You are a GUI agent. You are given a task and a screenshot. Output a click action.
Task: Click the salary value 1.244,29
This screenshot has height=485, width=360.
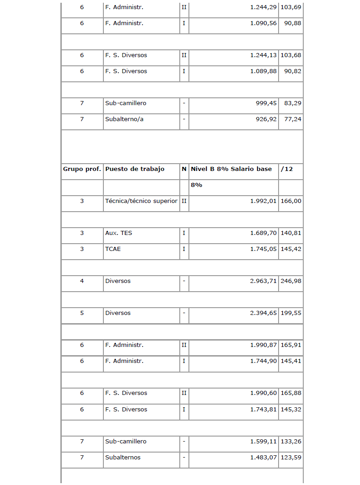pos(263,7)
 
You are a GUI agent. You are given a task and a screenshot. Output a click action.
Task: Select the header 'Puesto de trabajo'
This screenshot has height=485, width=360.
pos(134,169)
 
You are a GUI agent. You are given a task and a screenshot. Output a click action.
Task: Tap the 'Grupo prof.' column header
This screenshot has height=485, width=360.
pos(82,169)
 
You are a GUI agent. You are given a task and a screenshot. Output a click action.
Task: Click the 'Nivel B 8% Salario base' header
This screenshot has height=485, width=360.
pos(231,169)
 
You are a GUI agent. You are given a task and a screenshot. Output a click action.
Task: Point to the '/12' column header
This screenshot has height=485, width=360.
pos(287,169)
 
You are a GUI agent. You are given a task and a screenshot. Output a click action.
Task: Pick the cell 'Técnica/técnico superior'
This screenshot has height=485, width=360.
pos(141,201)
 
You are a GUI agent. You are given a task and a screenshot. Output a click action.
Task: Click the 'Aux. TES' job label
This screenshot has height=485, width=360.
pos(118,233)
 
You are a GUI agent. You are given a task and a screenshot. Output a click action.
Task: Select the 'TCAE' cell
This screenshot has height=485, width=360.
pos(113,249)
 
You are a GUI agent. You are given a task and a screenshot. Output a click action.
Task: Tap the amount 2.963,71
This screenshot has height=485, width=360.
pos(263,281)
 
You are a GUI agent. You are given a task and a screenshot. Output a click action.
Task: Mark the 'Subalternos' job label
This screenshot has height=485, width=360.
pos(123,458)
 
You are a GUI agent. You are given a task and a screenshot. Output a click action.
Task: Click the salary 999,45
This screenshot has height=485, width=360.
pos(266,103)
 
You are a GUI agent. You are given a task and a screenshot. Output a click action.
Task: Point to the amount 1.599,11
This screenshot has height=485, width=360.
pos(263,442)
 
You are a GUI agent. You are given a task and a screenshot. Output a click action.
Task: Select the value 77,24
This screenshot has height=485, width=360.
pos(293,119)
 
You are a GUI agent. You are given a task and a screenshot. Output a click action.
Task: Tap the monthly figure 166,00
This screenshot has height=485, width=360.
pos(291,201)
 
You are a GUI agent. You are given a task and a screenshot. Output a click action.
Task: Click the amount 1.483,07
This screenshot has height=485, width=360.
pos(263,458)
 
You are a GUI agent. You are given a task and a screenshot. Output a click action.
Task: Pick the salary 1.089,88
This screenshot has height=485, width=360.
pos(263,71)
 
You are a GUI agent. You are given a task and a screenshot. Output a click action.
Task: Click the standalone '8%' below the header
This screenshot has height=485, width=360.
pos(197,185)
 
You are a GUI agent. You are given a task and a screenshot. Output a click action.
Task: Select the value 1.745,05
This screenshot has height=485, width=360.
pos(263,249)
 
